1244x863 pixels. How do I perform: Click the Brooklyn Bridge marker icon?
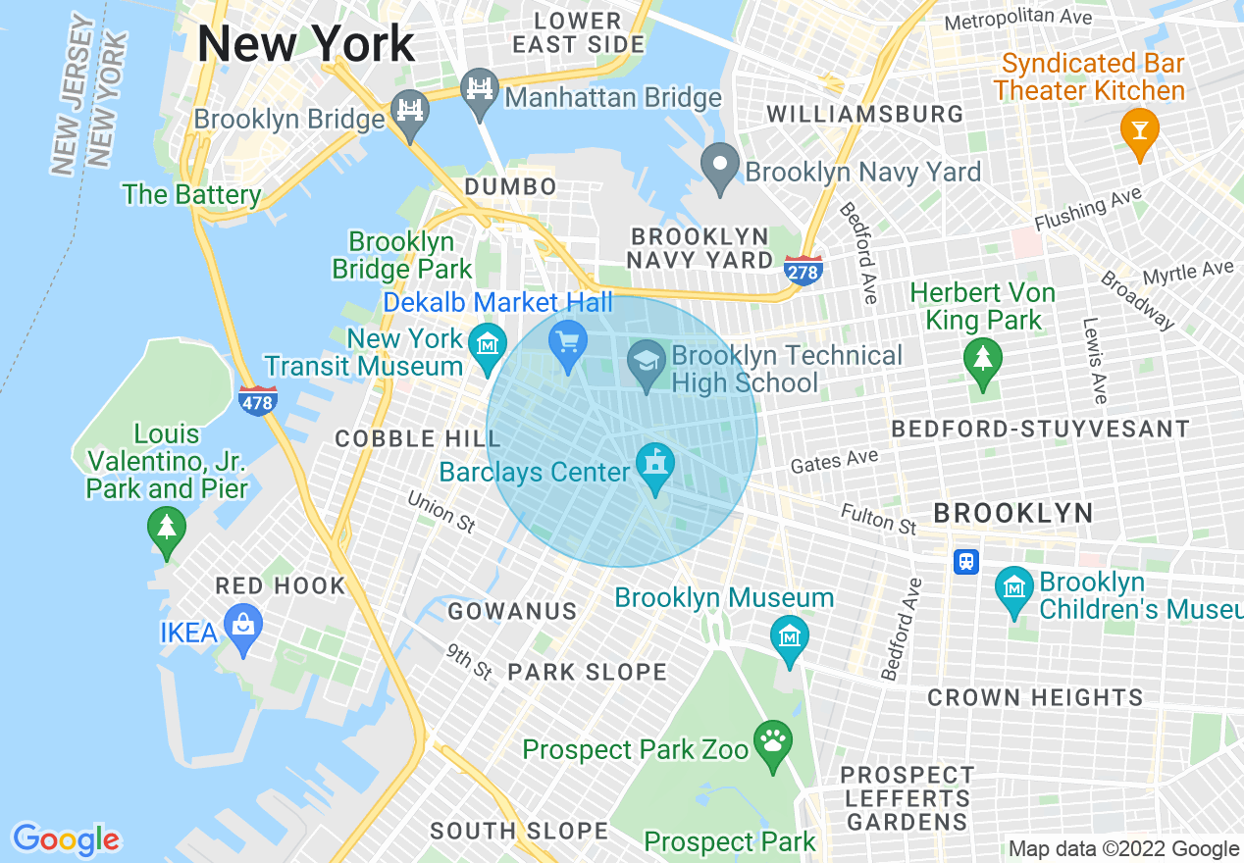[409, 107]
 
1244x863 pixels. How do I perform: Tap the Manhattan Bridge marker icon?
[480, 88]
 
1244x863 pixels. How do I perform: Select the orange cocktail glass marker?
[1139, 129]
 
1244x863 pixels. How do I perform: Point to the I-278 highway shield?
[803, 270]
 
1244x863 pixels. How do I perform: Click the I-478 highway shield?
[257, 399]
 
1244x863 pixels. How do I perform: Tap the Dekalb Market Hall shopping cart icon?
[568, 341]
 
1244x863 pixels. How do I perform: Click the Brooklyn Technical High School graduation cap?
[647, 360]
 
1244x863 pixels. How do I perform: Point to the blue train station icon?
[966, 561]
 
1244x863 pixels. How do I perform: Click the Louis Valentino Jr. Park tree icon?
[167, 527]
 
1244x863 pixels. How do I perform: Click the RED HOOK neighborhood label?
[281, 586]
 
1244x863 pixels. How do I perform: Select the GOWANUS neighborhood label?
[512, 612]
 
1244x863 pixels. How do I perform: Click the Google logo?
[66, 838]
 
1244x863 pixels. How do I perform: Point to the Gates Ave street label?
[834, 461]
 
